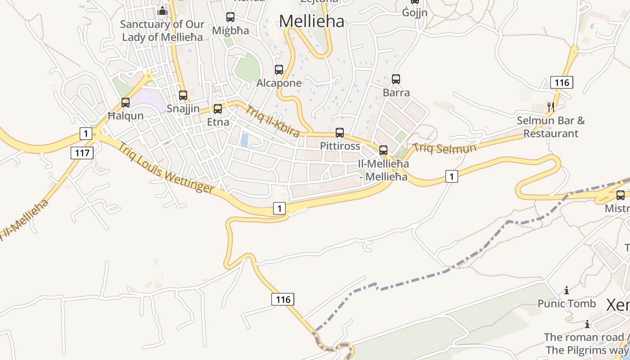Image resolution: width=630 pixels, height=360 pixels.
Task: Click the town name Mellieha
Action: click(311, 21)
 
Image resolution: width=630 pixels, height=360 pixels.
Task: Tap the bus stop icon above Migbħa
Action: click(230, 17)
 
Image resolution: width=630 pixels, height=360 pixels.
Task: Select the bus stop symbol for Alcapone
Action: click(279, 70)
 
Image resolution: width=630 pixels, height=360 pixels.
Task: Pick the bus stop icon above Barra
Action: click(396, 79)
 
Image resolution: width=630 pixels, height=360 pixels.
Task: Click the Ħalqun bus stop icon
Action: click(126, 103)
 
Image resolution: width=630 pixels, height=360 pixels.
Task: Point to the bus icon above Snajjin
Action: click(183, 95)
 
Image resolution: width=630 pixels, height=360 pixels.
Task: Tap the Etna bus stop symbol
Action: click(218, 109)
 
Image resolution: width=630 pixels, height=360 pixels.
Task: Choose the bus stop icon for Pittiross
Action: click(340, 133)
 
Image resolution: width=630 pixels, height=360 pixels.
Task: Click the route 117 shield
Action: click(82, 153)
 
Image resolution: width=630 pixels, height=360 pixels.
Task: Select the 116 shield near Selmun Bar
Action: click(562, 82)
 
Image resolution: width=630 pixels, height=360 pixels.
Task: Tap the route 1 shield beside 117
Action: click(85, 133)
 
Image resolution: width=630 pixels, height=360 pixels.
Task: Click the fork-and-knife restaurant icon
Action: click(550, 107)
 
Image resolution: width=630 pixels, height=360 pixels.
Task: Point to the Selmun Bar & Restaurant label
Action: click(551, 127)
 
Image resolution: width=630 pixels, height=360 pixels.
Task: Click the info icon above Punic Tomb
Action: click(567, 291)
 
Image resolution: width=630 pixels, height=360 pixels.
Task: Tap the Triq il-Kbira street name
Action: click(272, 121)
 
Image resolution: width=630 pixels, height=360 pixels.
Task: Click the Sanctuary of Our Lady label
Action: click(162, 31)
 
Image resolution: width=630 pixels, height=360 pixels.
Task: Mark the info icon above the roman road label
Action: click(587, 324)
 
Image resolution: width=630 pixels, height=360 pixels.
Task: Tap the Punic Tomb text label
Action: click(567, 304)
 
